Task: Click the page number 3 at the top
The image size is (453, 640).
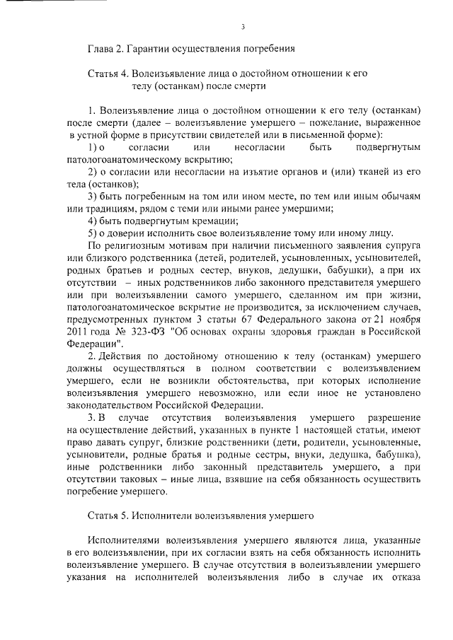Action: click(242, 27)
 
